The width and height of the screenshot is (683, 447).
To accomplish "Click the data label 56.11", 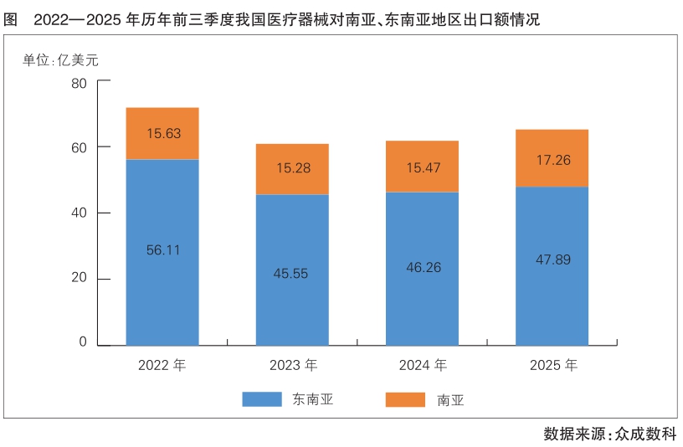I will point(162,249).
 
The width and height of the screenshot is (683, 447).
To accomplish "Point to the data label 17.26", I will point(552,159).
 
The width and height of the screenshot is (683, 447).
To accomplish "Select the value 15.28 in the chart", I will point(292,168).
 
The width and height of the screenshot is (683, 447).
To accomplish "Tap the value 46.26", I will point(422,268).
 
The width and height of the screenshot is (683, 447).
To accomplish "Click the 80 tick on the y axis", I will point(80,83).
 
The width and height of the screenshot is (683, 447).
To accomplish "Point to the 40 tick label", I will point(80,213).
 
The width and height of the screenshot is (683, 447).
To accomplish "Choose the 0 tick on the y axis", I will point(83,342).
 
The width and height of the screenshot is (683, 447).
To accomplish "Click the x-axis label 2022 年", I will point(162,366).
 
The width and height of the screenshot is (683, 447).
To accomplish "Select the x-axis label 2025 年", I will point(553,366).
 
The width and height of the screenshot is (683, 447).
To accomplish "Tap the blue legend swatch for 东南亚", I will point(262,399).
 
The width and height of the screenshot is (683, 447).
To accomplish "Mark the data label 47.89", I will point(552,259).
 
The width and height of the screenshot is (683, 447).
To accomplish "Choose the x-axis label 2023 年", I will point(293,366).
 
